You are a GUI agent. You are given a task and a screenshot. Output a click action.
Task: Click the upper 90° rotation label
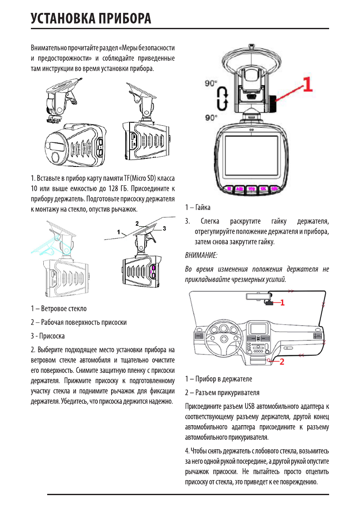click(211, 83)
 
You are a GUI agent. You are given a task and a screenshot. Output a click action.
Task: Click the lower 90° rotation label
click(211, 116)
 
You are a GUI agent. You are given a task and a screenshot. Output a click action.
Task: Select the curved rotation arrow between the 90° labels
click(221, 100)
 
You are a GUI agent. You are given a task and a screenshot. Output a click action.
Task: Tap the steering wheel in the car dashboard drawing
click(223, 338)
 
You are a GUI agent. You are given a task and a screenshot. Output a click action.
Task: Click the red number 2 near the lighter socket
click(282, 361)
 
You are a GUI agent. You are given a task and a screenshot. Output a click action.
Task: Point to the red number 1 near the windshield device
click(283, 302)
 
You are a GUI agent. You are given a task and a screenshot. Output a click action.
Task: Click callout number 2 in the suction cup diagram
click(137, 224)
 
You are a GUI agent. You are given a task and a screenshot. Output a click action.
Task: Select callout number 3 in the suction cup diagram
click(164, 229)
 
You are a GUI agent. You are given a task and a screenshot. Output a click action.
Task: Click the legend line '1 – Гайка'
click(198, 208)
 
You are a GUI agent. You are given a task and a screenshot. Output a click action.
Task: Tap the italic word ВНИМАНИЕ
click(201, 255)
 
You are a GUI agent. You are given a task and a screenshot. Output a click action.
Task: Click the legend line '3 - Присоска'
click(48, 336)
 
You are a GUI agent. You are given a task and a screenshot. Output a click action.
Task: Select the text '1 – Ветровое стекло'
click(58, 308)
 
